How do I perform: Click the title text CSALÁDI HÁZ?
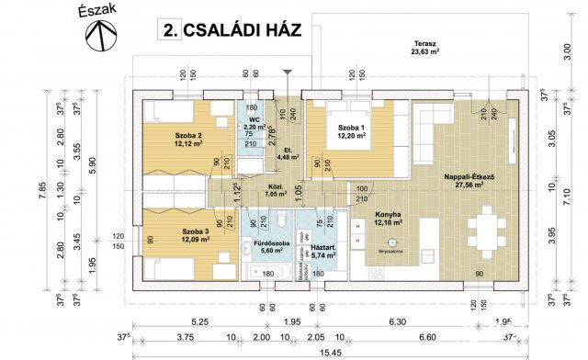pos(234,30)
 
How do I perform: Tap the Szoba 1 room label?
pos(350,131)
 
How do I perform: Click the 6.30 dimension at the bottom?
pos(398,322)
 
